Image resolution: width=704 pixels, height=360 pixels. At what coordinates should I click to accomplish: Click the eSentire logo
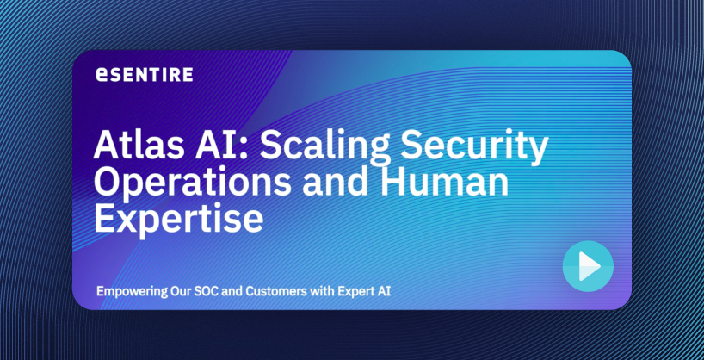(145, 75)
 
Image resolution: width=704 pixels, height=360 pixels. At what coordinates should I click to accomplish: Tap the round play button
(588, 266)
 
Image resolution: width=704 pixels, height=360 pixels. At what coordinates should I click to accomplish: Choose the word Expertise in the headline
(178, 220)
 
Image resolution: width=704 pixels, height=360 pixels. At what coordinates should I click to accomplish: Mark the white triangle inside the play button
(589, 266)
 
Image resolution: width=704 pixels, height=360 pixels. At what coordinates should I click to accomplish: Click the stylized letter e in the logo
(102, 75)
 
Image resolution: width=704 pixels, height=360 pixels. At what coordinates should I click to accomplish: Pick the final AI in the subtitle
(386, 291)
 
